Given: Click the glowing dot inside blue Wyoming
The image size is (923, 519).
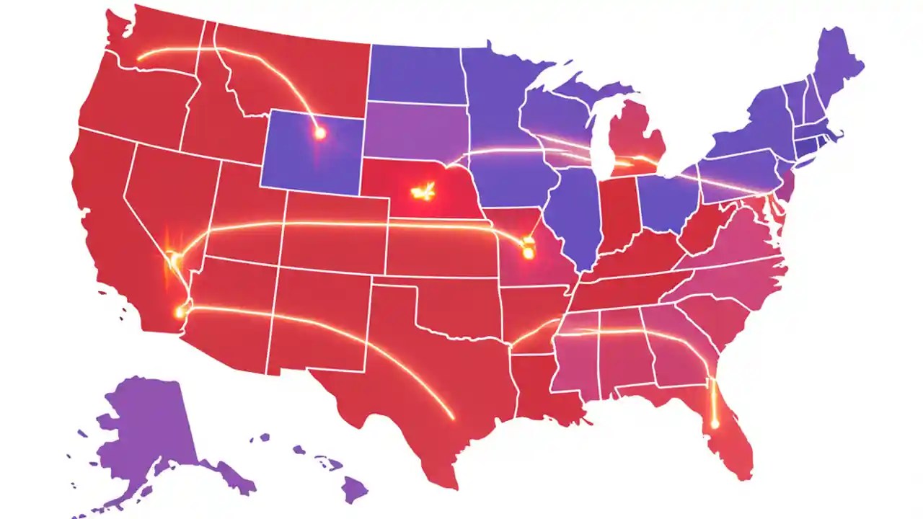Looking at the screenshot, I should coord(319,133).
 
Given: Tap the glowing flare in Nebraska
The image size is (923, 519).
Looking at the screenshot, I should coord(422,192).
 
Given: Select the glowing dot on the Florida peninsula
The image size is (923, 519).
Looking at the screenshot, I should coord(715,424).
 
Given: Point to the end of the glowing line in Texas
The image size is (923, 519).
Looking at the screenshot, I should coord(452,417).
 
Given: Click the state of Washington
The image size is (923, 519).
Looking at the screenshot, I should coord(155,43).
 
